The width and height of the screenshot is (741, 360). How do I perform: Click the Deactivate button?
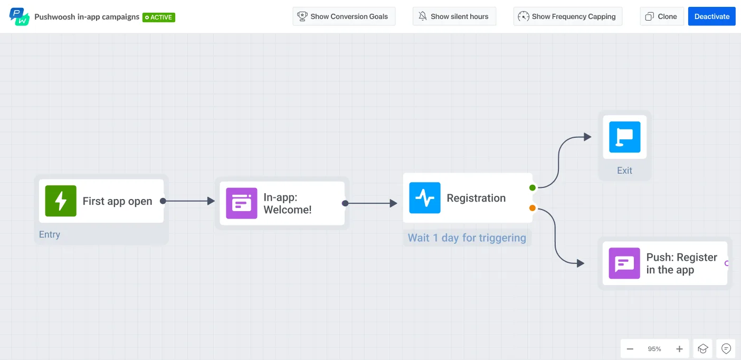click(711, 16)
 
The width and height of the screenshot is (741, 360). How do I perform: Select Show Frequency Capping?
click(567, 16)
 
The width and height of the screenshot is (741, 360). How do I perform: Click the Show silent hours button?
click(454, 16)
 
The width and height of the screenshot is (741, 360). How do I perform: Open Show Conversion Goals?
click(344, 16)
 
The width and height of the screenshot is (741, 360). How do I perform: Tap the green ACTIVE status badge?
click(159, 17)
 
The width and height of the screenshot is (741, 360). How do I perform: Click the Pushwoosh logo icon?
click(20, 16)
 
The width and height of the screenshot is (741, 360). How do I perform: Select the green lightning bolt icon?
click(61, 201)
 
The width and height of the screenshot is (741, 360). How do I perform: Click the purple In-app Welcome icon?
click(242, 203)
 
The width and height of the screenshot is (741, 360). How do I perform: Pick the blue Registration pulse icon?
click(425, 198)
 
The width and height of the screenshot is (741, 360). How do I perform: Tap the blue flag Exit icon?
click(624, 137)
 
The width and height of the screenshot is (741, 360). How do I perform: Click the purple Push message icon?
click(624, 263)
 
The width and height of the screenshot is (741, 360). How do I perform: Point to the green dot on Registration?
click(533, 187)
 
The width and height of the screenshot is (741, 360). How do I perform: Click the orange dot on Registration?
click(533, 208)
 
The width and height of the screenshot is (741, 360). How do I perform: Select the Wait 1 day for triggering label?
click(467, 238)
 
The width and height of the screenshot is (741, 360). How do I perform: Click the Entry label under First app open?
click(50, 234)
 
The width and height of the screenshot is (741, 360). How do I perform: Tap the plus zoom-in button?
click(679, 349)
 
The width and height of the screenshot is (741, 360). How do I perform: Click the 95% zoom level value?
click(654, 349)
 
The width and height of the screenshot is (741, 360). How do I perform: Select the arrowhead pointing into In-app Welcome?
click(211, 201)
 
